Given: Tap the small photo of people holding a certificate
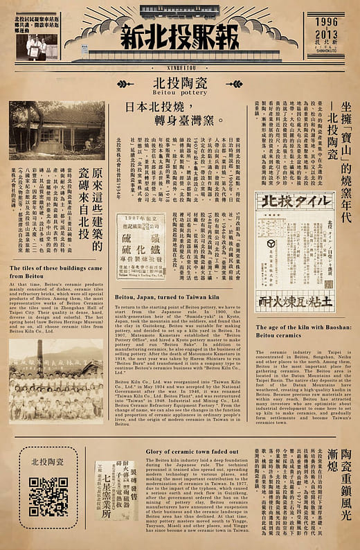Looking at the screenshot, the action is (x=34, y=47).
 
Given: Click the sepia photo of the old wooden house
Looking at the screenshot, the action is (x=57, y=130).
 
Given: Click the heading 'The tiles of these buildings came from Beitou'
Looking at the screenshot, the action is (x=57, y=271).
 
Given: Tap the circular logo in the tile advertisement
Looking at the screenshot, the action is (x=271, y=244).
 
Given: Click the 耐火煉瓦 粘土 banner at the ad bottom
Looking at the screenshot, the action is (x=295, y=303).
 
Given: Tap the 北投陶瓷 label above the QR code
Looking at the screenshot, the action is (x=48, y=460).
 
